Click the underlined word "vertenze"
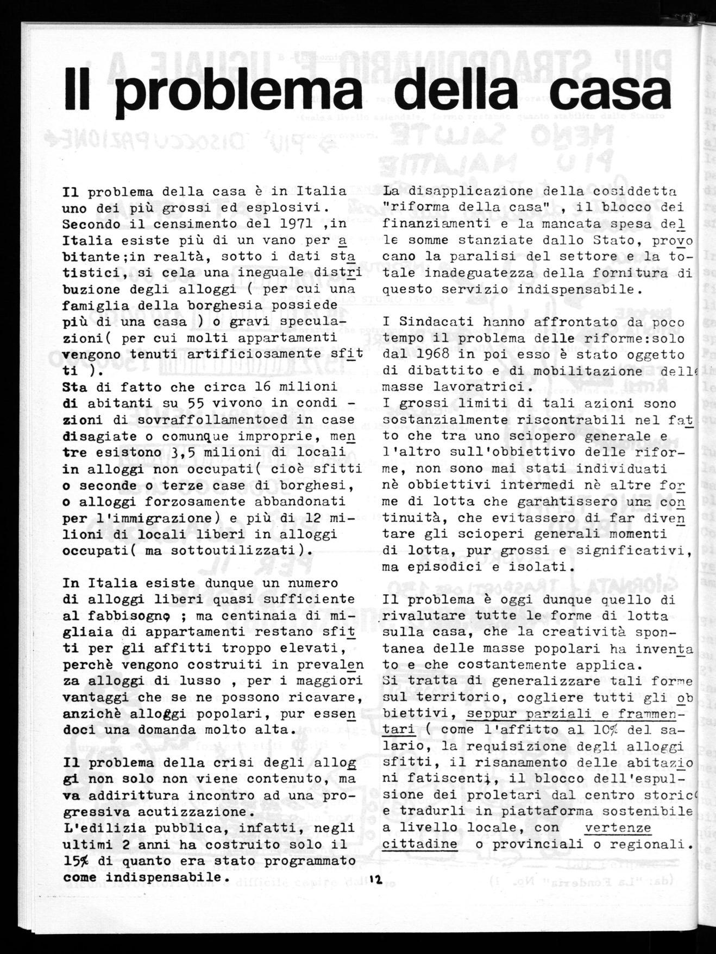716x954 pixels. [x=618, y=828]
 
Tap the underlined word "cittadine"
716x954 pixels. [x=419, y=844]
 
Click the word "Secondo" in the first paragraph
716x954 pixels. [x=88, y=224]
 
